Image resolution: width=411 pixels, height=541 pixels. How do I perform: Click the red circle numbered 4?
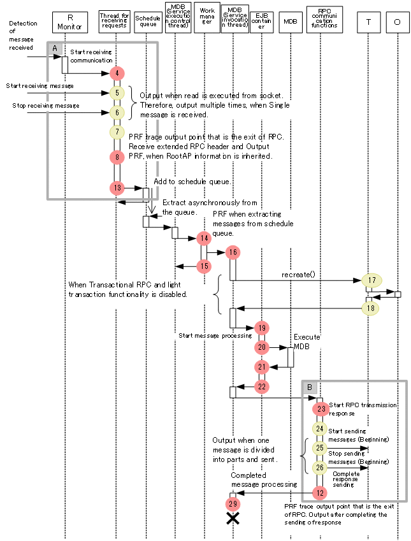(x=117, y=73)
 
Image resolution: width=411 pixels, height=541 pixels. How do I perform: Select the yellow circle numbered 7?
(x=117, y=132)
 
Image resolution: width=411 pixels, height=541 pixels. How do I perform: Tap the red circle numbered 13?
(x=117, y=188)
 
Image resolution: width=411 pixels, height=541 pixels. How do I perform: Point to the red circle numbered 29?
(x=233, y=503)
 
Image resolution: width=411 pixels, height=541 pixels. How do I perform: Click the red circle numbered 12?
(x=321, y=492)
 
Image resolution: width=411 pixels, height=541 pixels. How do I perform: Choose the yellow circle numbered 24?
(x=321, y=429)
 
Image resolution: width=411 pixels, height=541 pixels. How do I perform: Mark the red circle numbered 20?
(x=262, y=347)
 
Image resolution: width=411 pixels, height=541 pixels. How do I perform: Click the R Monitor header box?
(x=70, y=22)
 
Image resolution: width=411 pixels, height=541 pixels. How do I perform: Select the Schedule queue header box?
(x=148, y=22)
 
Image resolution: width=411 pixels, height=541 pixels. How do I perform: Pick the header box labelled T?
(x=370, y=22)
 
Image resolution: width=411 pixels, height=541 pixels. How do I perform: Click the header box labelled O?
(x=398, y=22)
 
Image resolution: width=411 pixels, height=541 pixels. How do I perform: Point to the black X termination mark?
(x=233, y=519)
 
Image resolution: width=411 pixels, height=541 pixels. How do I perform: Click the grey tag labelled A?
(x=55, y=48)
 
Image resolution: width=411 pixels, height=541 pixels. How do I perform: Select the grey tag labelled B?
(x=309, y=387)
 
